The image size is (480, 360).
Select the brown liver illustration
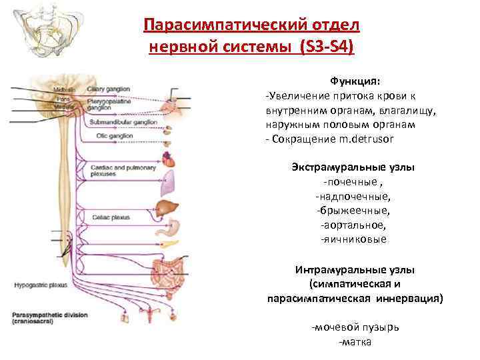(166, 207)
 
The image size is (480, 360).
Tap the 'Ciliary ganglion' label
(111, 89)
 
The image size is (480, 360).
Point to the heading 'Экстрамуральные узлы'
(353, 167)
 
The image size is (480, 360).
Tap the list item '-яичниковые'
(353, 239)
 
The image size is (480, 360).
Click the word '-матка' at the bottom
(355, 342)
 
